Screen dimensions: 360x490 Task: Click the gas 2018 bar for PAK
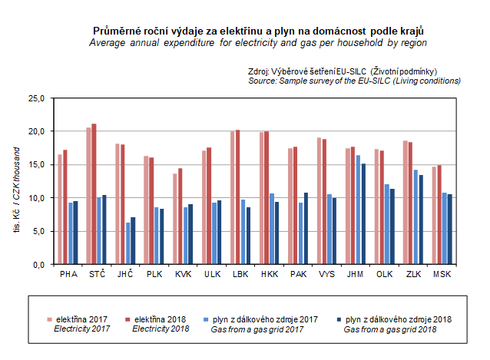tap(306, 228)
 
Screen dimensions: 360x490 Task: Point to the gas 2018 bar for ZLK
tap(422, 220)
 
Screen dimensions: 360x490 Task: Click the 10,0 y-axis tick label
tap(37, 198)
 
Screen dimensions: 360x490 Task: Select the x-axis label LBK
tap(239, 274)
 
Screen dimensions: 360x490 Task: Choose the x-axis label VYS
tap(326, 274)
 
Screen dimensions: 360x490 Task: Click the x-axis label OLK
tap(383, 274)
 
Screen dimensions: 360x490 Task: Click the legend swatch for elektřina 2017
tap(48, 318)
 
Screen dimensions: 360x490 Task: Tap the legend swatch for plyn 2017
tap(205, 318)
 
